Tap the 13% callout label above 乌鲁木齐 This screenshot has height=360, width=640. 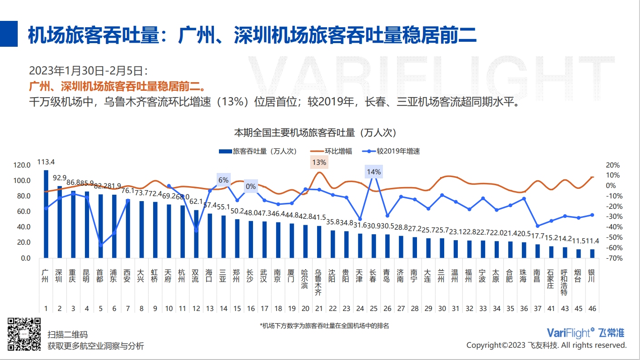(319, 162)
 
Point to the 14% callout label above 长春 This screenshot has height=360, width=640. (373, 172)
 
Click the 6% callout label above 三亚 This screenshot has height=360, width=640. (223, 180)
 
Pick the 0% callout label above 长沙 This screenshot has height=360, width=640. (251, 186)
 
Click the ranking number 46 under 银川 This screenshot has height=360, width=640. (591, 309)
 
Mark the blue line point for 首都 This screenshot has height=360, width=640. (100, 245)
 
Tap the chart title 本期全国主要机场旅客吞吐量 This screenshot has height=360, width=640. (315, 133)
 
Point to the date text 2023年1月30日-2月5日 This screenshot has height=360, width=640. (89, 71)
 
